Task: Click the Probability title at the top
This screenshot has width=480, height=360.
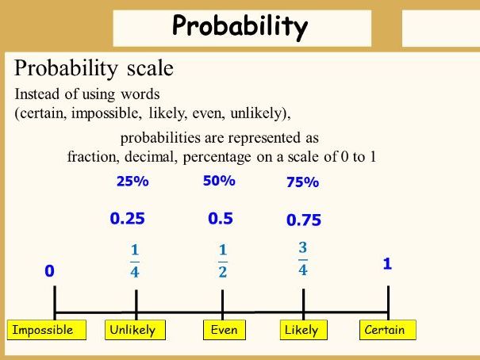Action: click(240, 28)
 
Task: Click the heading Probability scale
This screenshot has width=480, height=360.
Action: click(94, 68)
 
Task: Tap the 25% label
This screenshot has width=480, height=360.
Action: click(132, 182)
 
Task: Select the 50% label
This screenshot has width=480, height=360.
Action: click(219, 181)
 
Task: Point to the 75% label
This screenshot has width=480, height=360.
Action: click(302, 182)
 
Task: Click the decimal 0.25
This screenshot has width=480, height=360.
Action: click(127, 219)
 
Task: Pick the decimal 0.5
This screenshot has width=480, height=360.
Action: click(220, 219)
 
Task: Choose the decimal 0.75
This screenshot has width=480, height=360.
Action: click(304, 220)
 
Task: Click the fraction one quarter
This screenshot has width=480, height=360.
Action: click(134, 262)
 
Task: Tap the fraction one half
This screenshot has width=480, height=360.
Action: click(223, 262)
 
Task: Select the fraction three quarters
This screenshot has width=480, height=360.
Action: click(303, 259)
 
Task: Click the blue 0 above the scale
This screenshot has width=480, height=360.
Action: click(49, 271)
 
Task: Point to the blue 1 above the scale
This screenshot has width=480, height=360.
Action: click(387, 265)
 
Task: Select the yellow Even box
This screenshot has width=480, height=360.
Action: click(224, 330)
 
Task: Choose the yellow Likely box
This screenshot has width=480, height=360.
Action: click(301, 330)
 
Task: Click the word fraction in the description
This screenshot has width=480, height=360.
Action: click(91, 156)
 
